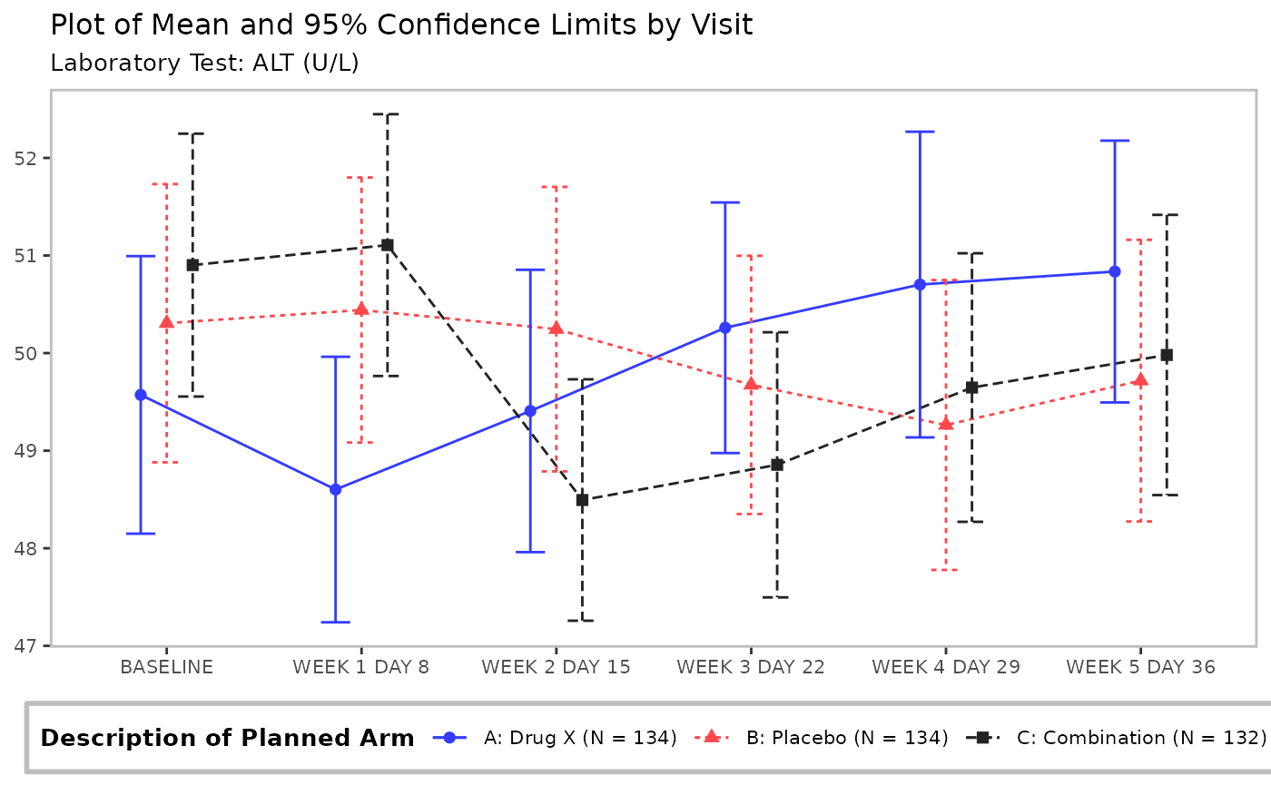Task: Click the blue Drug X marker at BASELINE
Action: tap(141, 395)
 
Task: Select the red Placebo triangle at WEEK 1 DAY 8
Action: tap(361, 309)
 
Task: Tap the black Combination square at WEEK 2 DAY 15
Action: tap(582, 500)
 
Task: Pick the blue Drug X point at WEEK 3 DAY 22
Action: tap(725, 328)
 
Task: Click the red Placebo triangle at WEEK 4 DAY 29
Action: tap(946, 424)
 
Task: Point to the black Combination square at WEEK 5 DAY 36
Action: tap(1167, 355)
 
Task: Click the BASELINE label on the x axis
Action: tap(167, 667)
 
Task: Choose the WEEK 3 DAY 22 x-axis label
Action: tap(751, 667)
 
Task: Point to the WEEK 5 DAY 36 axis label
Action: tap(1140, 667)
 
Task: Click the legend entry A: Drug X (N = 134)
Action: tap(580, 738)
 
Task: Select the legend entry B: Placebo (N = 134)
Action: tap(846, 738)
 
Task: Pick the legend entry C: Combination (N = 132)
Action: tap(1140, 738)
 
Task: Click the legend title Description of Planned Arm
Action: tap(227, 738)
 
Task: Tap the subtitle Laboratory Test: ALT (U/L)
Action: tap(204, 64)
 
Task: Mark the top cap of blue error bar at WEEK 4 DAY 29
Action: tap(920, 132)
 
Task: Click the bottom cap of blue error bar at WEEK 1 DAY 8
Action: tap(335, 622)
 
